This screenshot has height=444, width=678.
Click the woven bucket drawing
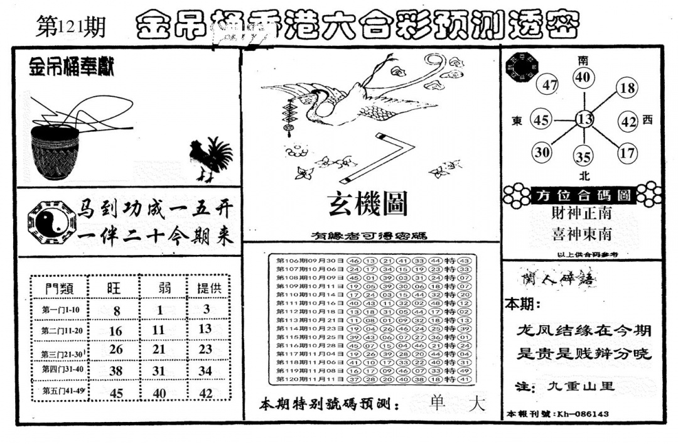coord(55,151)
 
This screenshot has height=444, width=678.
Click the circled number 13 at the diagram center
coord(584,119)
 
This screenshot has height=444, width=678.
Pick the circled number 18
coord(627,88)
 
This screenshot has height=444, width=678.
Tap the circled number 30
coord(542,151)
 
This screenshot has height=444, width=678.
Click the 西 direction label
coord(648,120)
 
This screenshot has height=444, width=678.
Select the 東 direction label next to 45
coord(518,120)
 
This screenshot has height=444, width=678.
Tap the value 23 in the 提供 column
coord(205,349)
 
